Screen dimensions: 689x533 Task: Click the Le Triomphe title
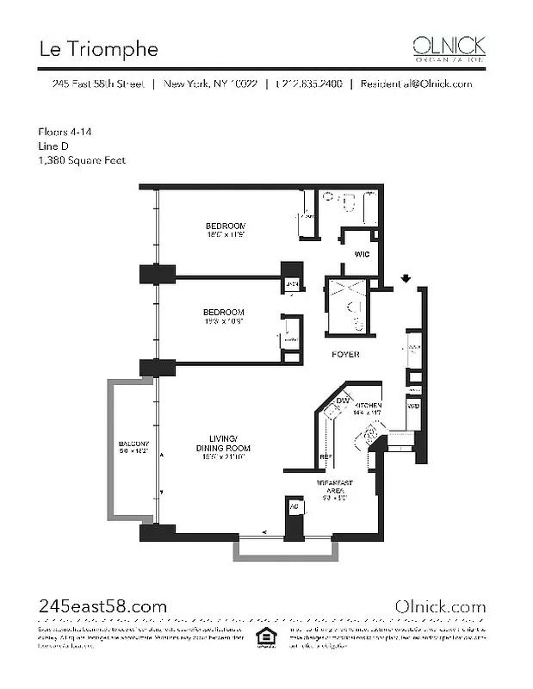tap(98, 49)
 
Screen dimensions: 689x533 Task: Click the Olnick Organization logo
tap(448, 47)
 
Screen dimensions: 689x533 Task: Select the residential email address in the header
tap(416, 84)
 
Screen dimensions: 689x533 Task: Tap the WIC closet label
tap(363, 254)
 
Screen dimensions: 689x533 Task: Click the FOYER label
tap(346, 354)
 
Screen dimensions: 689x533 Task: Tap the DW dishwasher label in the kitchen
tap(342, 400)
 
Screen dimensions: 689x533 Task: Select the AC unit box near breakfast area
tap(293, 509)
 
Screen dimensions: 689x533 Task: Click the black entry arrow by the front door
tap(406, 278)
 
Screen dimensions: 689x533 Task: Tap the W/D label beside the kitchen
tap(414, 405)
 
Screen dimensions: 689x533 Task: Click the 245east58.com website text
tap(102, 606)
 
